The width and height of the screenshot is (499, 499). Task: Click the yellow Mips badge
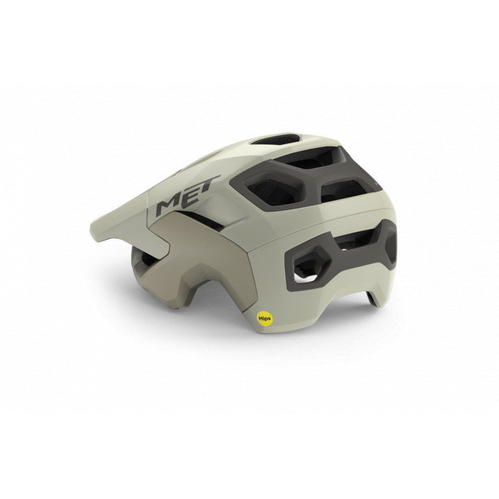point(264,318)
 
